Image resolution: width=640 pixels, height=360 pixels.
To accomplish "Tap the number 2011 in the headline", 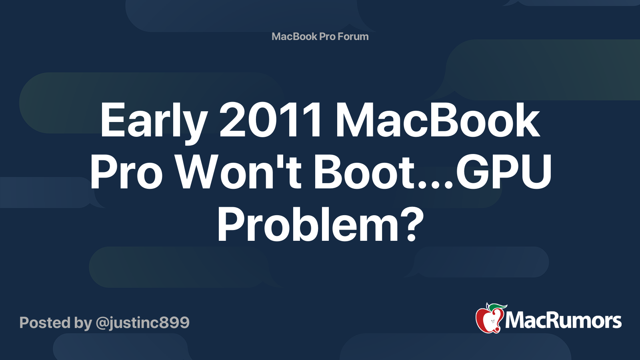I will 271,120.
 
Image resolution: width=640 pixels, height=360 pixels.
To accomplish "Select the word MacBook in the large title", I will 438,120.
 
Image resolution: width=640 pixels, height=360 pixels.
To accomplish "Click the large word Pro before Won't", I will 126,173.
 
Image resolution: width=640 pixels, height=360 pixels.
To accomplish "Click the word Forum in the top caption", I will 353,36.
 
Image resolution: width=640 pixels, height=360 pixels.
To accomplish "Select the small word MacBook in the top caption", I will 294,36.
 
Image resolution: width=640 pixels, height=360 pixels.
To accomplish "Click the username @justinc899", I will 142,323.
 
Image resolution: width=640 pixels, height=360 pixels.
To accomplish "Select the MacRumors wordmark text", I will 563,320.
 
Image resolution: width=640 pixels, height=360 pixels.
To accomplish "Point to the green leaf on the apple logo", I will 497,307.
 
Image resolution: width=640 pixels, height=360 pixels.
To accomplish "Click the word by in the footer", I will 83,323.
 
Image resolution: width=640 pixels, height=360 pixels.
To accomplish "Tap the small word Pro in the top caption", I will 327,36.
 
